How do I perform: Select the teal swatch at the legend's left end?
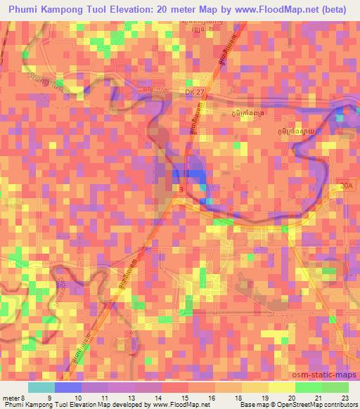pos(41,387)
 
